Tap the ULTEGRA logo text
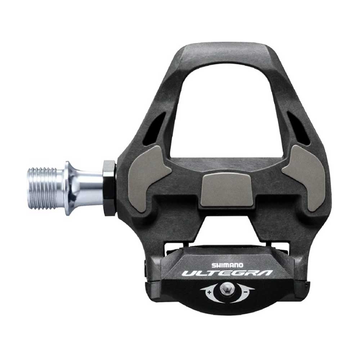click(x=227, y=274)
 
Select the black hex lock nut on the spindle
click(x=109, y=188)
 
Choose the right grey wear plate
click(x=307, y=176)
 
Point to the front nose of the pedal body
click(x=227, y=52)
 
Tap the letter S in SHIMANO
click(x=213, y=265)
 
